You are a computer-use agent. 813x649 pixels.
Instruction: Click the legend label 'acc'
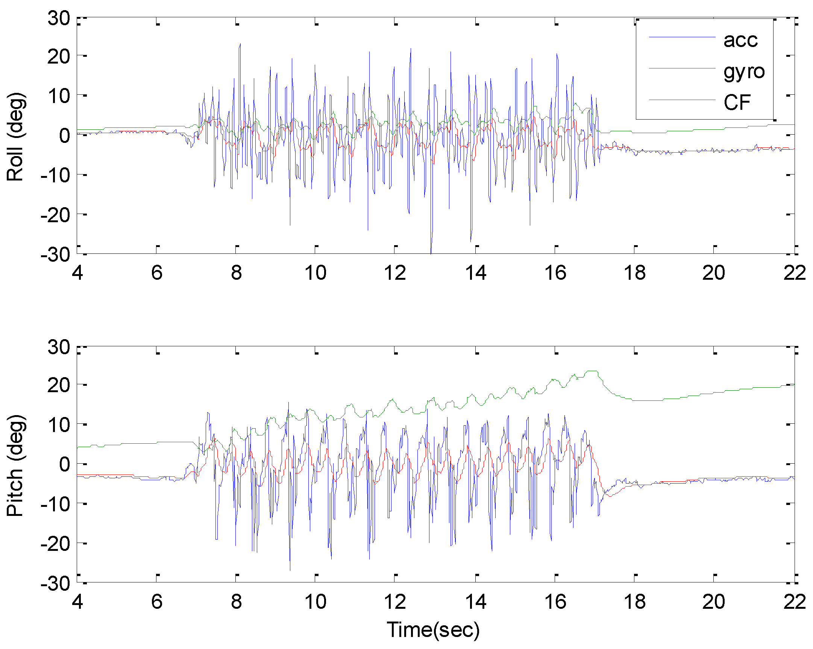click(740, 40)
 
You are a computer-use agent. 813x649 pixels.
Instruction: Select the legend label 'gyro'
click(743, 72)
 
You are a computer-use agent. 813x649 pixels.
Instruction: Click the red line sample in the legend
click(682, 100)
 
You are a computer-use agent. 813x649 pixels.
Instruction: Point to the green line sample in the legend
click(682, 68)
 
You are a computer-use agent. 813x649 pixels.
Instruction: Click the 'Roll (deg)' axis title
click(16, 136)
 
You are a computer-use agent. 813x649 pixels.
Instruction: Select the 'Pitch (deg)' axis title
click(16, 466)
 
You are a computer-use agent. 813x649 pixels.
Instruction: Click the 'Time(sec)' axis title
click(433, 630)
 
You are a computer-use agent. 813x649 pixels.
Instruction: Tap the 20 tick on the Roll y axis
click(58, 57)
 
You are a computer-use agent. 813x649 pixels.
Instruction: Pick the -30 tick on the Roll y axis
click(55, 255)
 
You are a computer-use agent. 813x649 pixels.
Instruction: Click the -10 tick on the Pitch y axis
click(55, 504)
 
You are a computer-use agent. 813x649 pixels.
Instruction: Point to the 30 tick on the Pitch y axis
click(58, 347)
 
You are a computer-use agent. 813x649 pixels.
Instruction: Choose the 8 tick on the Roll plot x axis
click(237, 273)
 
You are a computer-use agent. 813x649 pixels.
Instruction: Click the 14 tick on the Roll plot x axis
click(476, 273)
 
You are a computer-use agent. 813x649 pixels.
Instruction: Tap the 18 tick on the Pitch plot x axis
click(635, 602)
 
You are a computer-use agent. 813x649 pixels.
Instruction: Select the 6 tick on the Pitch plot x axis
click(157, 602)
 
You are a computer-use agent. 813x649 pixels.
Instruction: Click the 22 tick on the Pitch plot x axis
click(794, 602)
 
